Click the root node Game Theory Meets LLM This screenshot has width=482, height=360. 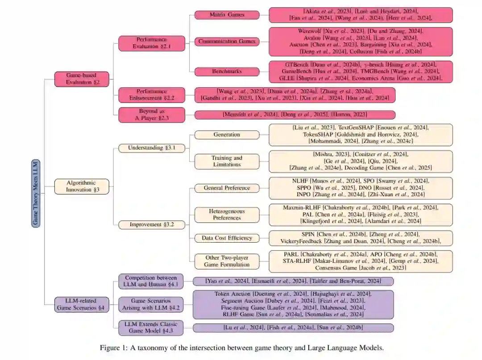36,193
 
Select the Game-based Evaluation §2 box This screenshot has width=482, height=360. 82,79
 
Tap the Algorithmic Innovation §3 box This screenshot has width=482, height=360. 82,186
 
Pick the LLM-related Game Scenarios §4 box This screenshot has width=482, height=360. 82,304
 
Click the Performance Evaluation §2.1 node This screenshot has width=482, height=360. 152,43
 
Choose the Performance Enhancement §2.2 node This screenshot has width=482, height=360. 152,95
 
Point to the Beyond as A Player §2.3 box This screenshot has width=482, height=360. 152,115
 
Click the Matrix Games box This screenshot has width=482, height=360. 227,15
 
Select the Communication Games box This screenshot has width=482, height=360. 227,41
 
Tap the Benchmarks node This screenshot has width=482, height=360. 227,71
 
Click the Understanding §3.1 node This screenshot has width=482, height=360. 152,148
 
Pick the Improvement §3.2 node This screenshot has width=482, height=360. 152,225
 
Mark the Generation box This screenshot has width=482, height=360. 227,135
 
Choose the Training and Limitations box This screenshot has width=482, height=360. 227,161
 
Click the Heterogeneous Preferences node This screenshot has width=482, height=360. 227,215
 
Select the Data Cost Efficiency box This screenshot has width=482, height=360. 227,238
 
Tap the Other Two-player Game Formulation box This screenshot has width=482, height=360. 227,261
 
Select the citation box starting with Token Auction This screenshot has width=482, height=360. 293,304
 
